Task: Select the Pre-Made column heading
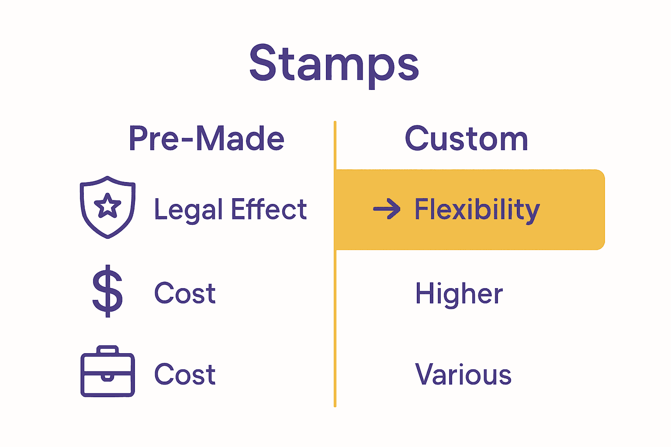tap(206, 139)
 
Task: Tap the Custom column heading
tap(467, 139)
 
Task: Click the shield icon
tap(107, 207)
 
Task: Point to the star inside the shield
tap(107, 206)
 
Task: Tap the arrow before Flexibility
tap(387, 209)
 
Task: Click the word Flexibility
tap(477, 210)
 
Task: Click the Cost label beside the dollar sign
tap(185, 293)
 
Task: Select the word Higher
tap(459, 293)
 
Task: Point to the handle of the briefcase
tap(107, 350)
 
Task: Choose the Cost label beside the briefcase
tap(185, 375)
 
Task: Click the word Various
tap(463, 375)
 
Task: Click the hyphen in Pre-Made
tap(187, 141)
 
